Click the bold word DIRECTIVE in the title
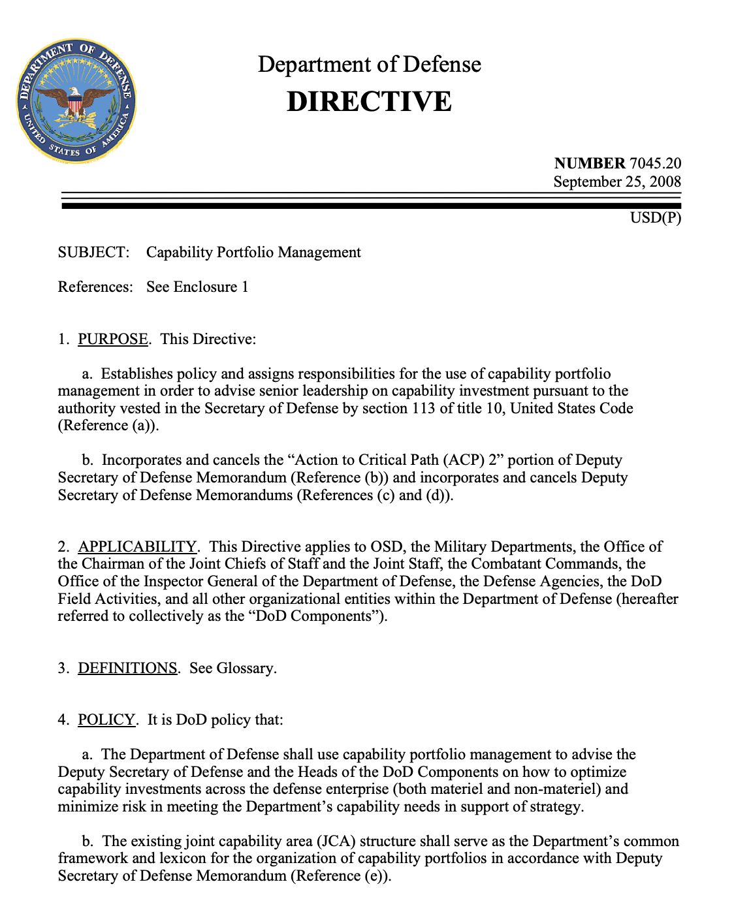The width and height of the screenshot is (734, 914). click(369, 102)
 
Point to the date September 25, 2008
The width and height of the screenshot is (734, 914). click(617, 181)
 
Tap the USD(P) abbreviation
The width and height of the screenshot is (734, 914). click(655, 217)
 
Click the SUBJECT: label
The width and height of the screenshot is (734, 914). click(94, 253)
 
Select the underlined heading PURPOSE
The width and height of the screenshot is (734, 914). click(113, 339)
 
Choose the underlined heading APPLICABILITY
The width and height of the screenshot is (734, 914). click(137, 547)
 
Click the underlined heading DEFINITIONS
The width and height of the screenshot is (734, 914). click(128, 669)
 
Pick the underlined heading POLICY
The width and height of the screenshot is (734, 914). click(106, 720)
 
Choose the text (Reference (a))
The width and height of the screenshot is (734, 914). click(108, 426)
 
